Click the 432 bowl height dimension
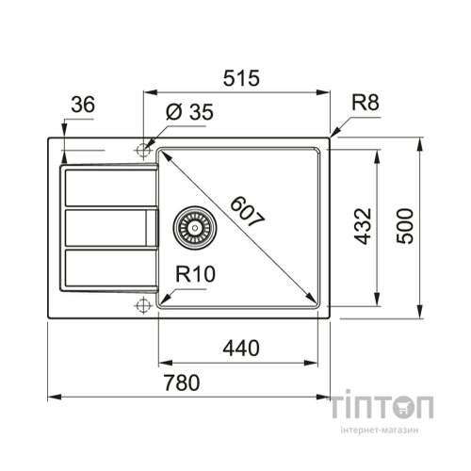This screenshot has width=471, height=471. tap(366, 226)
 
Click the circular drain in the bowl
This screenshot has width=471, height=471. tap(195, 227)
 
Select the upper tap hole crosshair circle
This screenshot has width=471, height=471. tap(143, 149)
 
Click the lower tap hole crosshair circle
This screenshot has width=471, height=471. tap(143, 304)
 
